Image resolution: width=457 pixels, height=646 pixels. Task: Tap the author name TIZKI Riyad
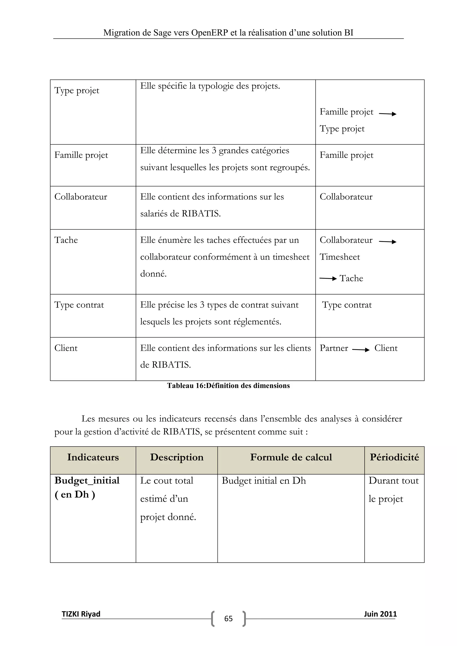click(81, 614)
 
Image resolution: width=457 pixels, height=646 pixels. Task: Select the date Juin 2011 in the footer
click(380, 614)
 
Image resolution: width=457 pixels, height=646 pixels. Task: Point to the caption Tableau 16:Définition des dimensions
click(228, 386)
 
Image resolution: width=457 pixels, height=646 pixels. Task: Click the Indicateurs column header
click(93, 457)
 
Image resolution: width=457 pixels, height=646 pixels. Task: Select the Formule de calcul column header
click(291, 457)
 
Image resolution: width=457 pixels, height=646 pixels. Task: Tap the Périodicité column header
click(394, 457)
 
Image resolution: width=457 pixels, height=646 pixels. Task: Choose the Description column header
click(177, 457)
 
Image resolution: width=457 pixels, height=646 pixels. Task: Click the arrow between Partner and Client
click(361, 350)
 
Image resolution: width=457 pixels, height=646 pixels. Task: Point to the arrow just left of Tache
click(328, 279)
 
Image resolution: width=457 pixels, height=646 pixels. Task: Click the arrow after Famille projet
click(388, 114)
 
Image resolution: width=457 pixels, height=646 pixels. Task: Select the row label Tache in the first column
click(66, 240)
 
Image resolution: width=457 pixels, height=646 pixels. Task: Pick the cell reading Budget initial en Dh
click(264, 480)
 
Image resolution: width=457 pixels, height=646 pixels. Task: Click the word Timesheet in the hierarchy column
click(340, 257)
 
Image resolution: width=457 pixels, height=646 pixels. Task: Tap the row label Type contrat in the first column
click(79, 305)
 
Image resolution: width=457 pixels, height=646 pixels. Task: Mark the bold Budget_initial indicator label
click(87, 480)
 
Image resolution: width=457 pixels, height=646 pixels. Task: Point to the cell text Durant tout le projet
click(393, 490)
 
